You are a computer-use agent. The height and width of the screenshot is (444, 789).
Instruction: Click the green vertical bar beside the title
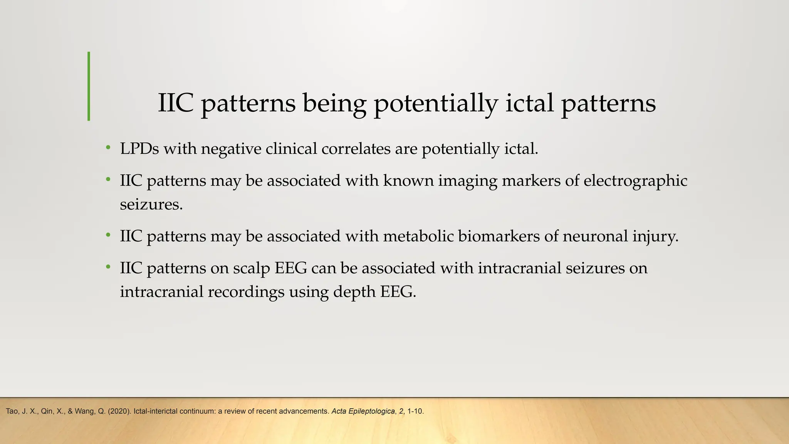coord(89,86)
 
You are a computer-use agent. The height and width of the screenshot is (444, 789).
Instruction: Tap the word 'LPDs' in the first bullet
coord(139,149)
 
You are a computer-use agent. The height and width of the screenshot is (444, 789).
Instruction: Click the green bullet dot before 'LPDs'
coord(109,148)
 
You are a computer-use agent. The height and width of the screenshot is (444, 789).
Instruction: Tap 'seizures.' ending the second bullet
coord(151,204)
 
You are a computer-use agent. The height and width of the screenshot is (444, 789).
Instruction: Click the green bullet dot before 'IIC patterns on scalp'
coord(109,267)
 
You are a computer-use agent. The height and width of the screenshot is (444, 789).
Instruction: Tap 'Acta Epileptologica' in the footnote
coord(363,411)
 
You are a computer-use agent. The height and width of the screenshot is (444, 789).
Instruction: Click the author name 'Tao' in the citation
coord(12,411)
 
